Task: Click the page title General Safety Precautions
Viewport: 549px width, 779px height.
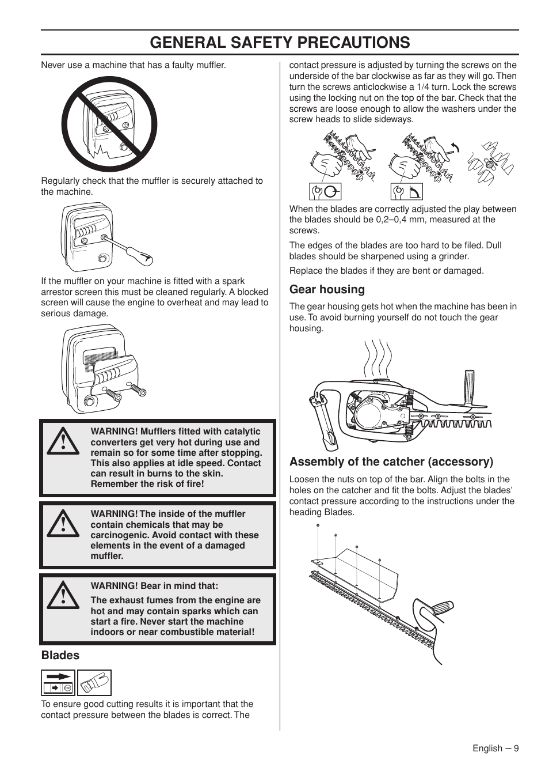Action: tap(280, 42)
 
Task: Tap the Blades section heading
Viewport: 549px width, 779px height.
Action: tap(60, 655)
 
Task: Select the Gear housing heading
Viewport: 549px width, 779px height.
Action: tap(327, 289)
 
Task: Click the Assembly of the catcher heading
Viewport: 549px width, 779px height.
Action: tap(391, 462)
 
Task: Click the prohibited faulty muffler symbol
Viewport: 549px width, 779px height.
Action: tap(109, 124)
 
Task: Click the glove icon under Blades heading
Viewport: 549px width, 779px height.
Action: tap(94, 683)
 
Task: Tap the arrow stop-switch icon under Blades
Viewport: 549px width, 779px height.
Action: tap(58, 683)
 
